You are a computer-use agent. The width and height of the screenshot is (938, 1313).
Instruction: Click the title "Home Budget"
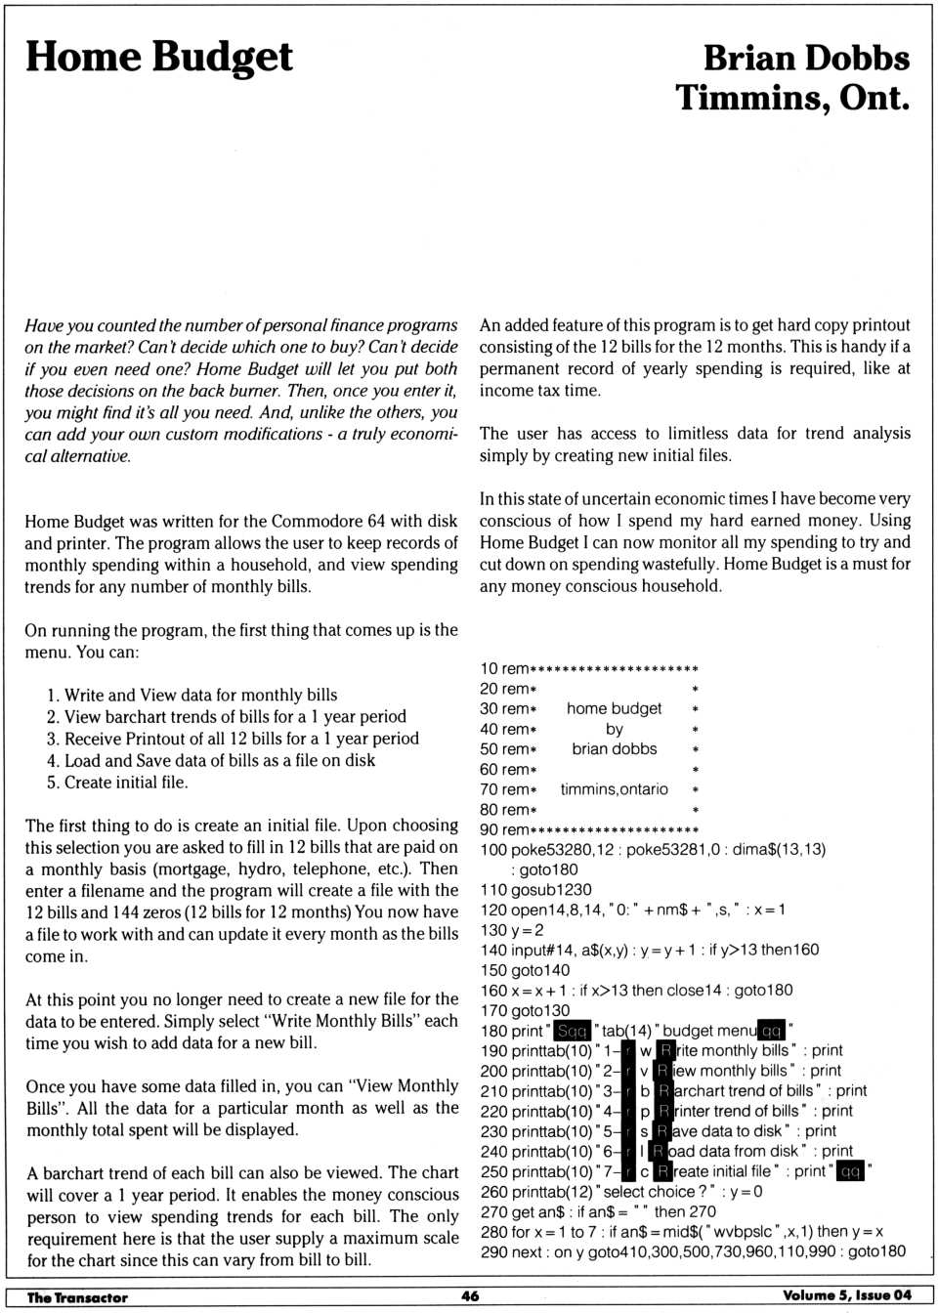tap(158, 58)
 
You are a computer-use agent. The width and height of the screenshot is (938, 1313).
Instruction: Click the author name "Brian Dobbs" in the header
tap(806, 58)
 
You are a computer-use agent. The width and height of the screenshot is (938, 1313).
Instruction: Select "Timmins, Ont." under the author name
tap(791, 98)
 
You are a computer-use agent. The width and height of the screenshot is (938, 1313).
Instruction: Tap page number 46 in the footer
tap(470, 1295)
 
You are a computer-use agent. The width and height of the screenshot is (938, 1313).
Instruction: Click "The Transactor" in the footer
tap(77, 1296)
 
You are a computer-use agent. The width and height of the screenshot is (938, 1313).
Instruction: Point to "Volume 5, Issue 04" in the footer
tap(846, 1295)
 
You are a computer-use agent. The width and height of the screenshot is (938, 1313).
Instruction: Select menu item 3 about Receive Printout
tap(233, 739)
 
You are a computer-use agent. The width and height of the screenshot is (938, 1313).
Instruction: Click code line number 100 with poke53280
tap(493, 850)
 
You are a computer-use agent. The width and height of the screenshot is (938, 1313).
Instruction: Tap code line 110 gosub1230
tap(535, 889)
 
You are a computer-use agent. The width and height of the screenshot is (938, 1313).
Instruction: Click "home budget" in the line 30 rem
tap(614, 708)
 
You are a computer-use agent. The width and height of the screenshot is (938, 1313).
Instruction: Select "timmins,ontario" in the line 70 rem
tap(614, 789)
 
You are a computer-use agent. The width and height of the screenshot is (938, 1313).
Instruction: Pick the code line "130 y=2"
tap(512, 930)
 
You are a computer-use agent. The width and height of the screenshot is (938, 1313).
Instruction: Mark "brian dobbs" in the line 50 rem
tap(614, 749)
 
